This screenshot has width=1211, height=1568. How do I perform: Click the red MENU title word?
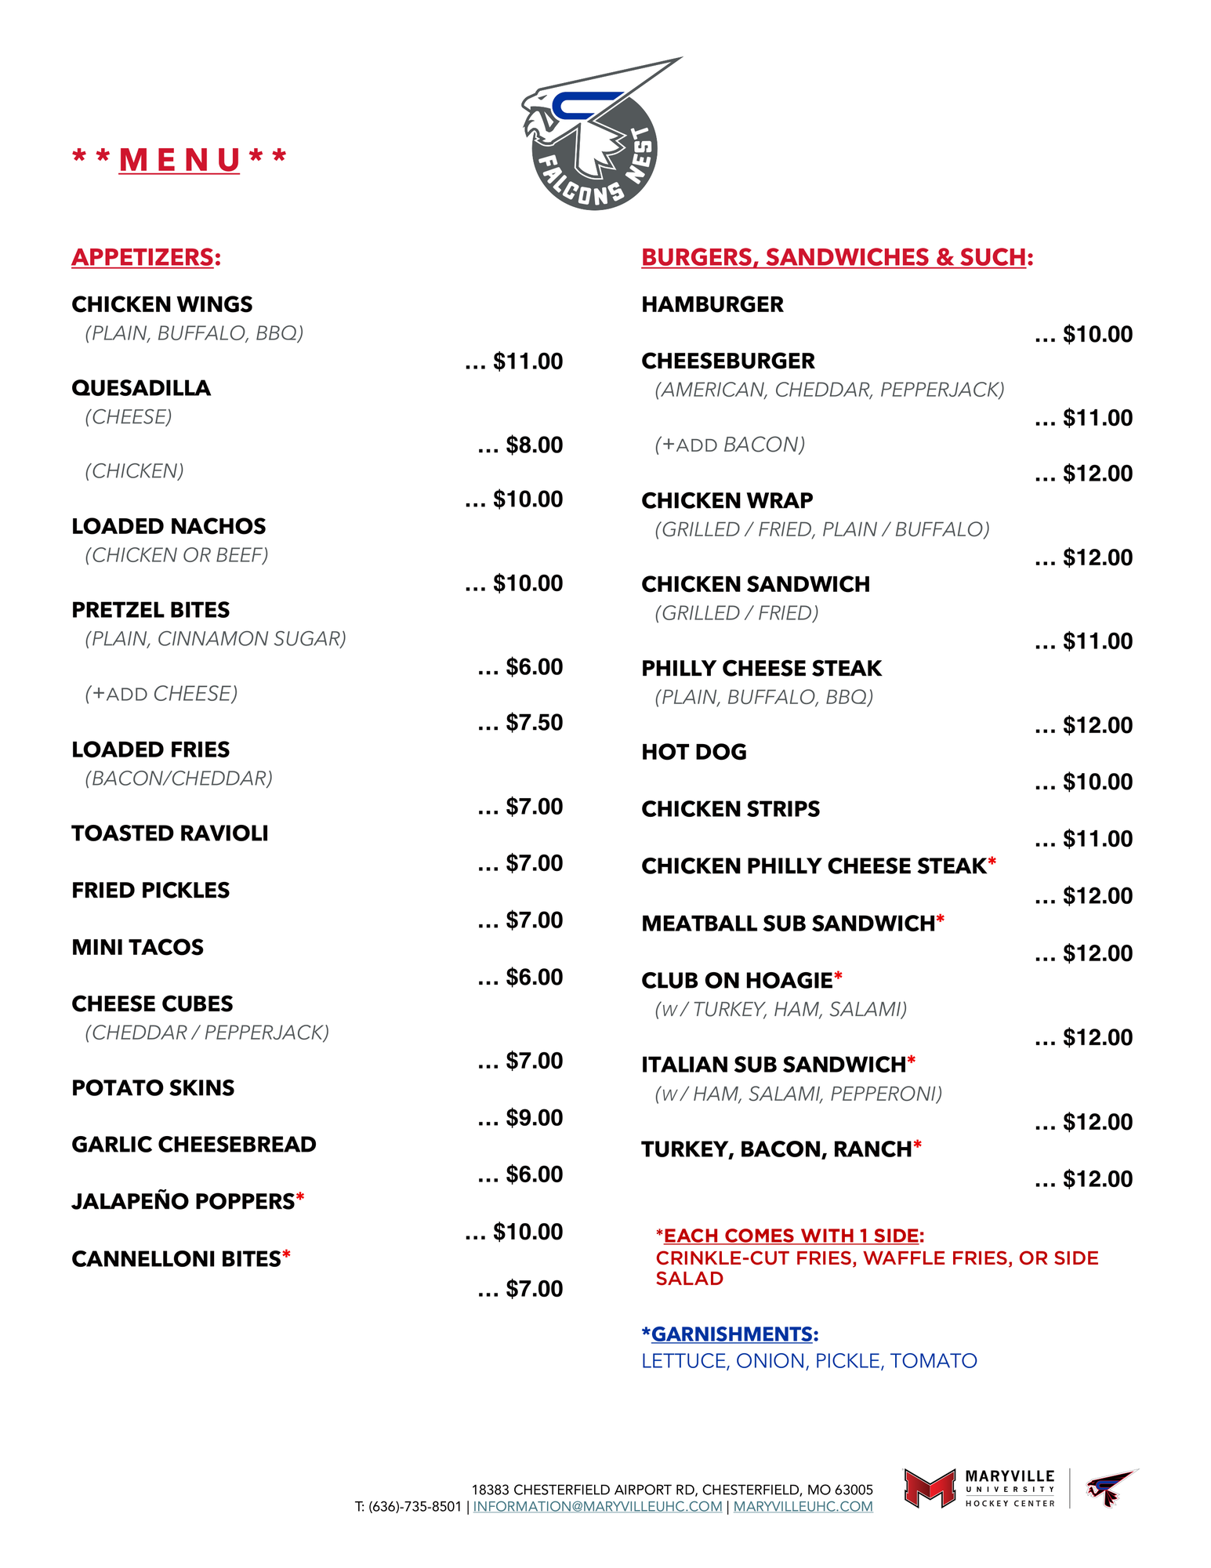tap(179, 160)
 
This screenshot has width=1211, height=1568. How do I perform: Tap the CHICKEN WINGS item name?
tap(161, 304)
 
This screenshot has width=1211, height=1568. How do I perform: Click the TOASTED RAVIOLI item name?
tap(169, 833)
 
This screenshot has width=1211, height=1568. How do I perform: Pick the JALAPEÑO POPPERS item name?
tap(183, 1201)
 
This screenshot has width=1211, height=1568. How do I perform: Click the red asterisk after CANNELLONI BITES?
tap(287, 1256)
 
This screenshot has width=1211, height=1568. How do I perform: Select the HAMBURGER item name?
tap(712, 304)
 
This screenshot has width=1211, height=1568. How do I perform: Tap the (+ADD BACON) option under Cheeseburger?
tap(730, 445)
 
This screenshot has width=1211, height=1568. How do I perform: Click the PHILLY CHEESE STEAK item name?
tap(761, 668)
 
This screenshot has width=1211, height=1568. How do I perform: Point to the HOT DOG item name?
tap(694, 752)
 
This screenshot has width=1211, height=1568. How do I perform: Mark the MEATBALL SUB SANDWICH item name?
tap(788, 924)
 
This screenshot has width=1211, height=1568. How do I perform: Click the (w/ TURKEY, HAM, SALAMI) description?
tap(781, 1009)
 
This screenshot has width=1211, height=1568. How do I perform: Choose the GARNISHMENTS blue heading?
tap(731, 1334)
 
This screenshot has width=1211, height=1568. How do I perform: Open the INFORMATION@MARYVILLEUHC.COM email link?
tap(597, 1506)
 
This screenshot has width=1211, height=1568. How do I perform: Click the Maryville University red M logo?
tap(930, 1488)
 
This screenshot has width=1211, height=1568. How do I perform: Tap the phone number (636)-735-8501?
tap(415, 1506)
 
